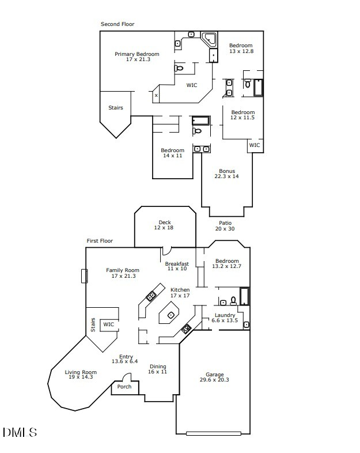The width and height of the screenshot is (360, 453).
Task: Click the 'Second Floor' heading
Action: (x=117, y=24)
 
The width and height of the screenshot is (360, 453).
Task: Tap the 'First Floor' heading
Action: (x=100, y=241)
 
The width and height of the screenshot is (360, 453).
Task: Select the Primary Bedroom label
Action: (x=137, y=56)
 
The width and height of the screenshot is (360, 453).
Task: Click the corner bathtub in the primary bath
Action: (x=209, y=39)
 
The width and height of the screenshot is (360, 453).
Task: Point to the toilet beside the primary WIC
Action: (x=179, y=68)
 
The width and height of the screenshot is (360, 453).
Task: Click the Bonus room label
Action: (x=226, y=173)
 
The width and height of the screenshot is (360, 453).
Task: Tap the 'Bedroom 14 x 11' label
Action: (x=173, y=153)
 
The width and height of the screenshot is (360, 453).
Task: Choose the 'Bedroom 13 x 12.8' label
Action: (x=241, y=48)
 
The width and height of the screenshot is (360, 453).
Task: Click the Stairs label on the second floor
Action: (x=115, y=108)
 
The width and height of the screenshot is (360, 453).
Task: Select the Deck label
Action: (x=164, y=225)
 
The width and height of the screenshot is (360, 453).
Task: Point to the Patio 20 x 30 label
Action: (x=225, y=225)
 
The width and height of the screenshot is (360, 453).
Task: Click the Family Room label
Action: (x=123, y=273)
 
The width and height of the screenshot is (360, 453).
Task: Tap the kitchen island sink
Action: (x=171, y=315)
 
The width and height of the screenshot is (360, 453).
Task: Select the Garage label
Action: (x=214, y=377)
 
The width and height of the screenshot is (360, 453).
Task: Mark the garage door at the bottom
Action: (x=214, y=433)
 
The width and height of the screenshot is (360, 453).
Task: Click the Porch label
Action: (x=124, y=387)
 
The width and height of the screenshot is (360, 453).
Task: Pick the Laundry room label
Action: (x=225, y=318)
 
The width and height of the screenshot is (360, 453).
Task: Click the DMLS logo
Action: (x=20, y=432)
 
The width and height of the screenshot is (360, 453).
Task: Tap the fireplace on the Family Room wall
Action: (x=84, y=276)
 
